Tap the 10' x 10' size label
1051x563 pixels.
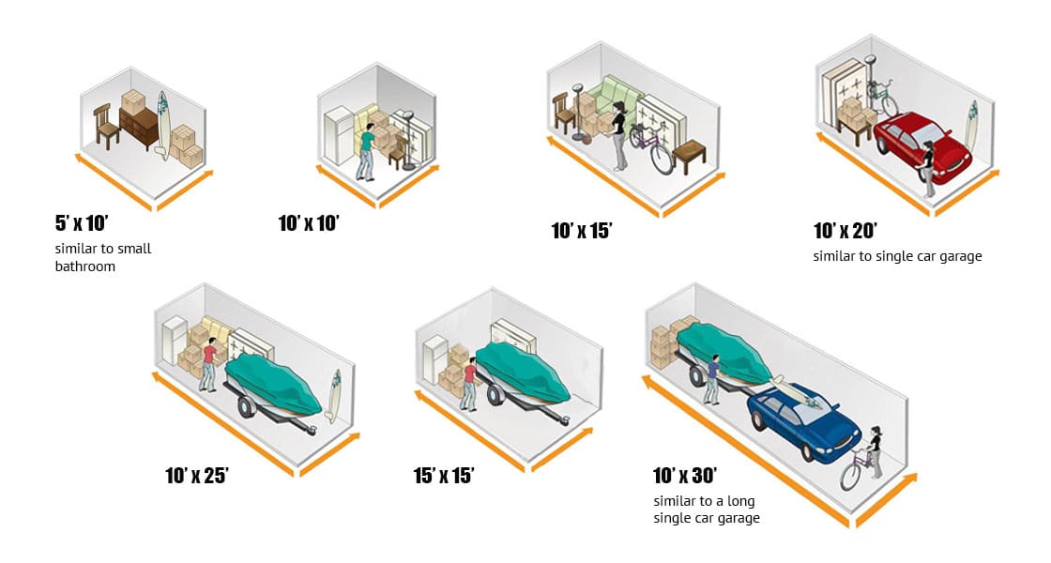[309, 223]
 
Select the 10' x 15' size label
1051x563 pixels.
[582, 231]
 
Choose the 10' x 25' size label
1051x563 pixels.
[197, 475]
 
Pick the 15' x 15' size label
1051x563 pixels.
[444, 475]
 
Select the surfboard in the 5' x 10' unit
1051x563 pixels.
[162, 123]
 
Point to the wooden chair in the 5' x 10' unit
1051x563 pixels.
[106, 128]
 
